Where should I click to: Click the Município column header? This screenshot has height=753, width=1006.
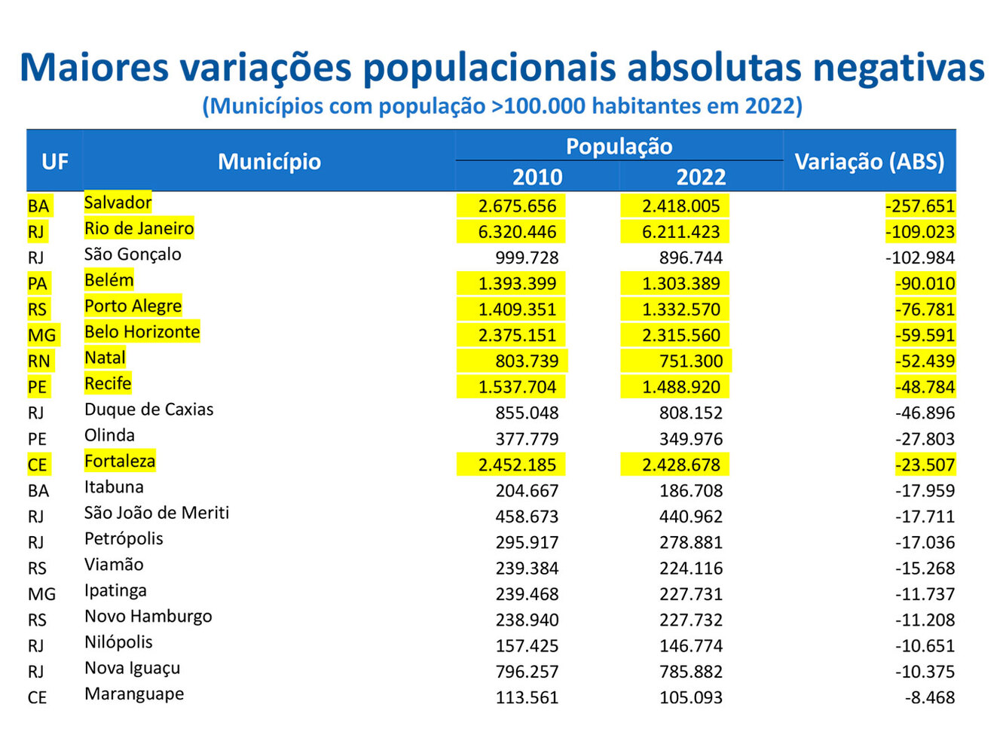pyautogui.click(x=269, y=161)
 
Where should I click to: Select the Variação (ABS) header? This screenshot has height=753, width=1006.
pyautogui.click(x=869, y=161)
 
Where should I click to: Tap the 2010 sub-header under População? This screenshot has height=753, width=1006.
pyautogui.click(x=537, y=177)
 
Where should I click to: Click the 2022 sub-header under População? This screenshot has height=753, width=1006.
pyautogui.click(x=701, y=177)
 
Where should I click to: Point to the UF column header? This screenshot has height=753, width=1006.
pyautogui.click(x=54, y=161)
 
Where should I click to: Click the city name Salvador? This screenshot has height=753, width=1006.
pyautogui.click(x=118, y=203)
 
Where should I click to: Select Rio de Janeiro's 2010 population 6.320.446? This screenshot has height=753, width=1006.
pyautogui.click(x=517, y=232)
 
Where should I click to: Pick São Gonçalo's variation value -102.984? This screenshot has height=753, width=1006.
pyautogui.click(x=919, y=258)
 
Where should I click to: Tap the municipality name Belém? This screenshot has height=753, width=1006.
pyautogui.click(x=109, y=280)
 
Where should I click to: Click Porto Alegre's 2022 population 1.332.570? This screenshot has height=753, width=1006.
pyautogui.click(x=681, y=309)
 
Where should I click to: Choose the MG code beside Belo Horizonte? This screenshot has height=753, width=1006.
pyautogui.click(x=41, y=335)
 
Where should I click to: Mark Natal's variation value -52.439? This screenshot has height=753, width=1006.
pyautogui.click(x=925, y=361)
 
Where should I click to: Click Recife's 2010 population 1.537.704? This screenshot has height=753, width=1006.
pyautogui.click(x=517, y=387)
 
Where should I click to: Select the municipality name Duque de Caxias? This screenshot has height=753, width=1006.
pyautogui.click(x=148, y=410)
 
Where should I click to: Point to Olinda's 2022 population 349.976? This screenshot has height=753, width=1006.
pyautogui.click(x=690, y=439)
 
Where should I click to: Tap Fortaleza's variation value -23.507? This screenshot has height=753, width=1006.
pyautogui.click(x=925, y=465)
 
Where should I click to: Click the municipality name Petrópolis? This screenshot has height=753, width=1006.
pyautogui.click(x=124, y=539)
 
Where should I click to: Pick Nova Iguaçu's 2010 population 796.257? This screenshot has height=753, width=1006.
pyautogui.click(x=527, y=672)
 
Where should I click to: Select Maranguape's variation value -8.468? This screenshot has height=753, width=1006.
pyautogui.click(x=929, y=698)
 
